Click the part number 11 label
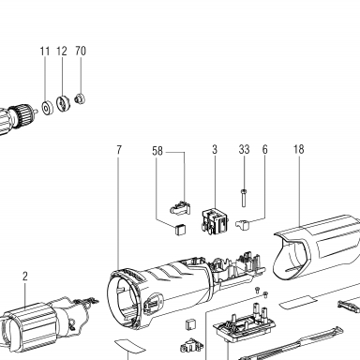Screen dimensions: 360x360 tap(45, 51)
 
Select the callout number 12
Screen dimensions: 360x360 tap(62, 51)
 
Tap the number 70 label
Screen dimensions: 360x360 tap(81, 51)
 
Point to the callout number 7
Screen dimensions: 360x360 tap(118, 150)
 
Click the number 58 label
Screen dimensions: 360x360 tap(157, 151)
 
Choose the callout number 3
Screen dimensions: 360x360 tap(215, 149)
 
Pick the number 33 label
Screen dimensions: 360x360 tap(244, 149)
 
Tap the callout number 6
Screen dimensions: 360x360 tap(264, 149)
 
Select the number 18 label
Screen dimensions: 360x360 tap(298, 149)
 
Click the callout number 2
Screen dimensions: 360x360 tap(25, 277)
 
